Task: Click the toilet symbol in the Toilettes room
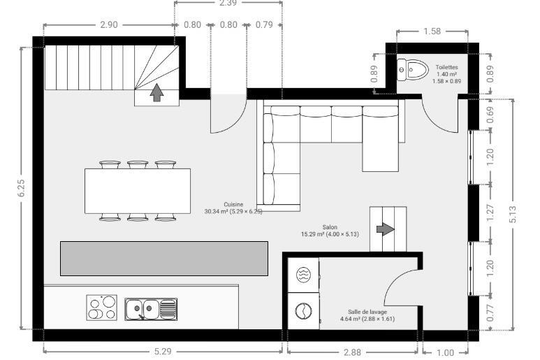(x=412, y=70)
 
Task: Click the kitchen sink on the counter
(x=151, y=309)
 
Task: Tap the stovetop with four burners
(x=101, y=308)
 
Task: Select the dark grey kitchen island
(x=164, y=259)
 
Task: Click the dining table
(x=138, y=191)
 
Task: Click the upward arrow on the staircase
(x=156, y=92)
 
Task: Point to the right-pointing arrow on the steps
(x=386, y=229)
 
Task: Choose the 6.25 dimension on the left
(x=22, y=189)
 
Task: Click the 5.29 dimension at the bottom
(x=163, y=352)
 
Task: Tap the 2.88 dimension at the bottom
(x=352, y=352)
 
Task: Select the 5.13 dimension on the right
(x=513, y=215)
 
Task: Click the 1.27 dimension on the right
(x=490, y=213)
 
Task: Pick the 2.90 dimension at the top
(x=109, y=24)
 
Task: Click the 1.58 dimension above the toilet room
(x=432, y=31)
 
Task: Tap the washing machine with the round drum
(x=303, y=311)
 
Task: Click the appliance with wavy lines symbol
(x=303, y=275)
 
